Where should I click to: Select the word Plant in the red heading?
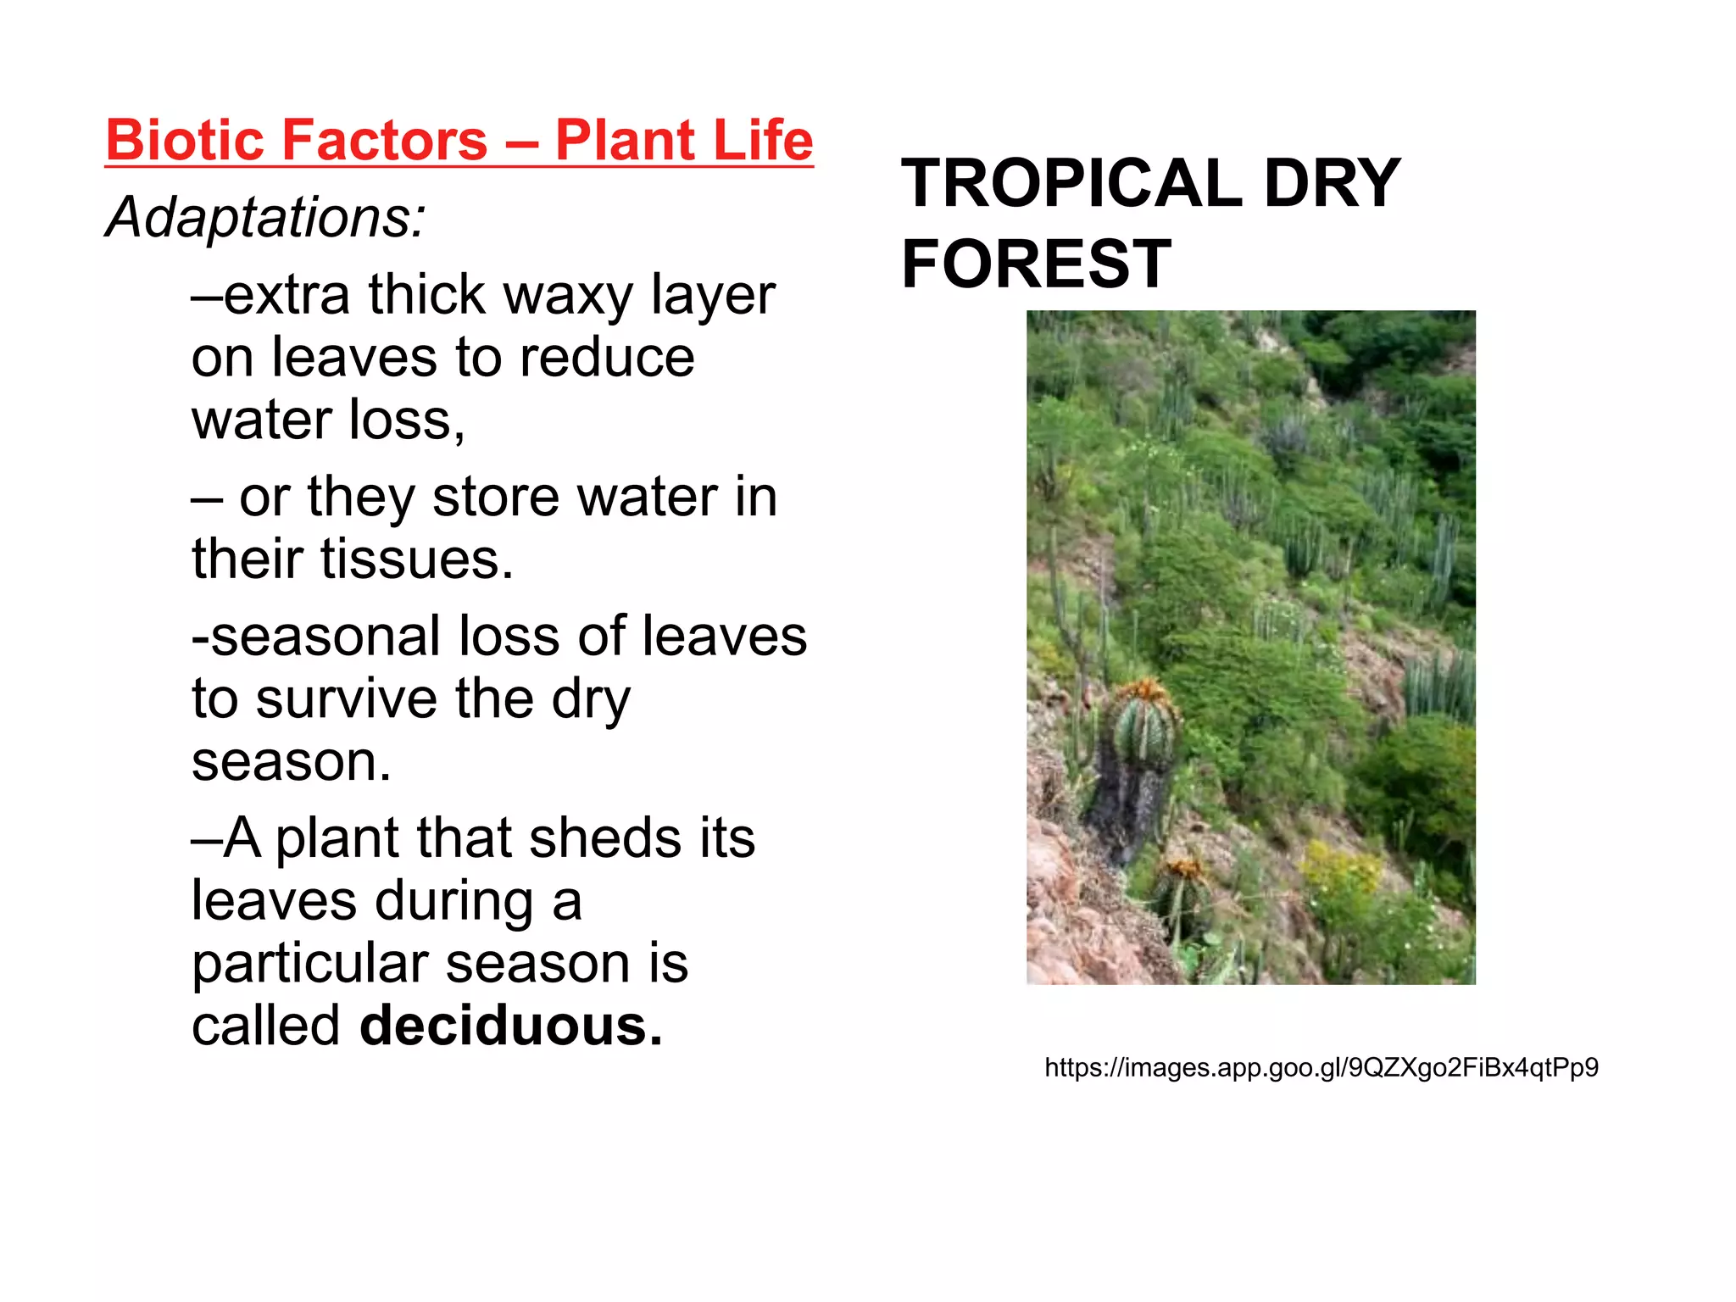(x=626, y=140)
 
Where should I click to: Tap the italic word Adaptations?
(x=265, y=218)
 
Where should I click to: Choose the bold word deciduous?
(x=510, y=1027)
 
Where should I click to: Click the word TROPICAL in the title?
(x=1071, y=184)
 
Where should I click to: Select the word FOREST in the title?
(x=1036, y=264)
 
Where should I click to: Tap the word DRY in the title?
(x=1332, y=184)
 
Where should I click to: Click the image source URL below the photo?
(x=1321, y=1067)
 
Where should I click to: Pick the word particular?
(x=309, y=964)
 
